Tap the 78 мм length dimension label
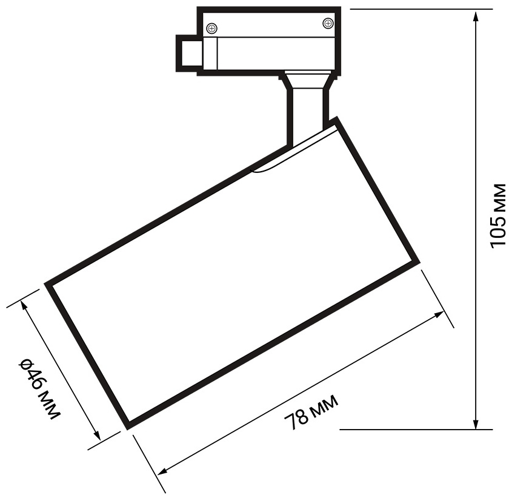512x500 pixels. coord(311,413)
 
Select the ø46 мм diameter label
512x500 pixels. coord(40,389)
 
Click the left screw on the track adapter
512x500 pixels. coord(212,29)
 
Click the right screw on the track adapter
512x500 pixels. coord(327,22)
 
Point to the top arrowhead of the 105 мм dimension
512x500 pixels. coord(476,16)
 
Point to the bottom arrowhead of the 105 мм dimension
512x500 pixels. coord(476,422)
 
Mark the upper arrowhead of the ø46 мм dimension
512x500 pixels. coord(24,307)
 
